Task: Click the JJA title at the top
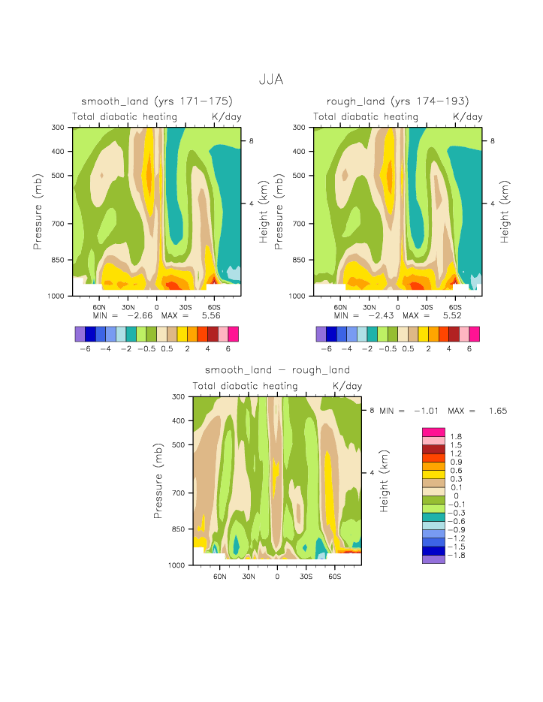[x=270, y=79]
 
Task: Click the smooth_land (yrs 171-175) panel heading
[x=157, y=101]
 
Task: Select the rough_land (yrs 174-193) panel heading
[x=397, y=101]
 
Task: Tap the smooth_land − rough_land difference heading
[x=277, y=370]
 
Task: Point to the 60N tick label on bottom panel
[x=219, y=576]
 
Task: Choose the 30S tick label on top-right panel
[x=427, y=307]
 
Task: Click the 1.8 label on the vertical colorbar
[x=455, y=437]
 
